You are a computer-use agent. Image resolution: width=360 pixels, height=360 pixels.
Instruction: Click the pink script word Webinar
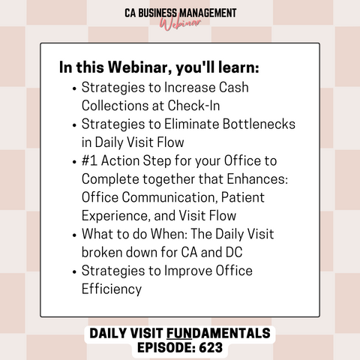[x=181, y=24]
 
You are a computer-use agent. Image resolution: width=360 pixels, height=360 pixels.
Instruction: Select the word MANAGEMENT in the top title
[x=208, y=13]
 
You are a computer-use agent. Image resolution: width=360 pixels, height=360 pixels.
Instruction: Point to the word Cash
[x=234, y=88]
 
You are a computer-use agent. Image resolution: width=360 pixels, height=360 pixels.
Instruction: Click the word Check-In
[x=193, y=106]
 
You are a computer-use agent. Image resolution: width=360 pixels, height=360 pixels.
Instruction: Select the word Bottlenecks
[x=259, y=124]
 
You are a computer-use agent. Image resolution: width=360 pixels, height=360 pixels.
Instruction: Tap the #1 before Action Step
[x=89, y=160]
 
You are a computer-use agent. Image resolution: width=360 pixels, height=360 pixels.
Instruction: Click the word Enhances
[x=257, y=179]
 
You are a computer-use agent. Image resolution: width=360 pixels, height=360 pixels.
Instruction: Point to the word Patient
[x=243, y=197]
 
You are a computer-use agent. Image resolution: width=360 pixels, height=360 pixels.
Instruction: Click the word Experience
[x=116, y=216]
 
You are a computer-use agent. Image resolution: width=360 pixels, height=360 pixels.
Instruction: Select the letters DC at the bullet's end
[x=234, y=252]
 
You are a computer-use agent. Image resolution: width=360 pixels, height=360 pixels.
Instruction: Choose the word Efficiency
[x=112, y=289]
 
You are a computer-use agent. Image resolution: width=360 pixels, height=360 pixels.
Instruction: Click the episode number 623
[x=211, y=347]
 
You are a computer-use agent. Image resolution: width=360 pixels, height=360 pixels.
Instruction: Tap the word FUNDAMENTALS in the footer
[x=218, y=333]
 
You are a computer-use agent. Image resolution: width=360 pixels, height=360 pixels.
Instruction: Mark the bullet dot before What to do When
[x=74, y=235]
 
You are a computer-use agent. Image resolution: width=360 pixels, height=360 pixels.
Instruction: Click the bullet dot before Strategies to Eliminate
[x=74, y=125]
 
